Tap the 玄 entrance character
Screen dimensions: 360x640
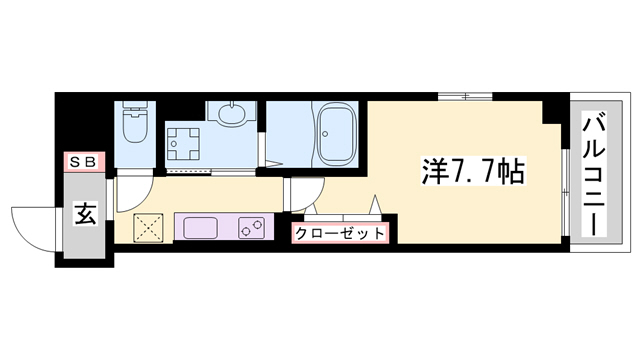(x=86, y=213)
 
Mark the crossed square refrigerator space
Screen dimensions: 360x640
(x=149, y=227)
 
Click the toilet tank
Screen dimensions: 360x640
(x=133, y=109)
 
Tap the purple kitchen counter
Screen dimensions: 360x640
(x=223, y=227)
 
